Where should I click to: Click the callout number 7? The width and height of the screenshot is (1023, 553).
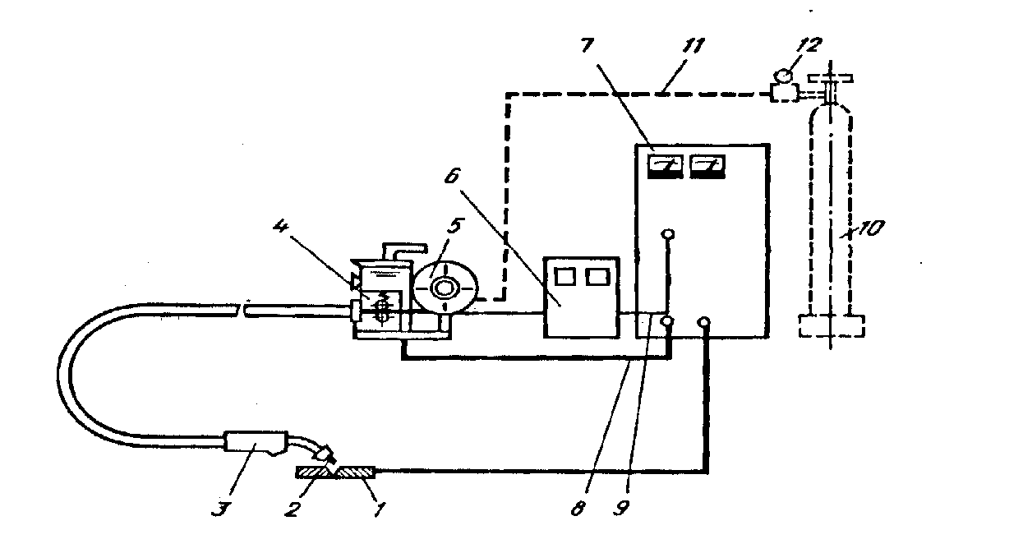point(588,46)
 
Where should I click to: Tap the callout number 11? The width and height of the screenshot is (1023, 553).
point(694,46)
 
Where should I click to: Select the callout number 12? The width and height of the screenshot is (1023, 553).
point(809,44)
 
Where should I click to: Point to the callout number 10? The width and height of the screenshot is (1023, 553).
point(871,228)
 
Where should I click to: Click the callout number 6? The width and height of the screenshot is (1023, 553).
point(452,177)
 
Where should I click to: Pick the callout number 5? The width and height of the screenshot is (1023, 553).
point(455,226)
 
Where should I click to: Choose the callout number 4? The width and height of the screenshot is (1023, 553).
point(280,226)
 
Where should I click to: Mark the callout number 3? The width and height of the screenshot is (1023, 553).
point(220,509)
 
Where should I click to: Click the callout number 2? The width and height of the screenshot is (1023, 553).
point(293,509)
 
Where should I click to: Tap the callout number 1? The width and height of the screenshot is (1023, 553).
point(380,509)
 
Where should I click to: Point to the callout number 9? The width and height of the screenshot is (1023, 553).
point(621,508)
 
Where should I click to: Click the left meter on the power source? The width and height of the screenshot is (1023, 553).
point(666,167)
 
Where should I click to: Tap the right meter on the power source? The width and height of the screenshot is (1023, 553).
point(707,167)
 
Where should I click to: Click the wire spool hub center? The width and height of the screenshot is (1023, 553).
point(444,288)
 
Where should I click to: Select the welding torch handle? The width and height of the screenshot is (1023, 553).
point(256,443)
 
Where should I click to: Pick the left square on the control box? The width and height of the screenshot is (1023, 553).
point(565,276)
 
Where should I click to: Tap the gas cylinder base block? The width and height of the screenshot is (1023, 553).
point(832,326)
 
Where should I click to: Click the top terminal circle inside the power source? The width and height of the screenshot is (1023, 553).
point(668,234)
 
